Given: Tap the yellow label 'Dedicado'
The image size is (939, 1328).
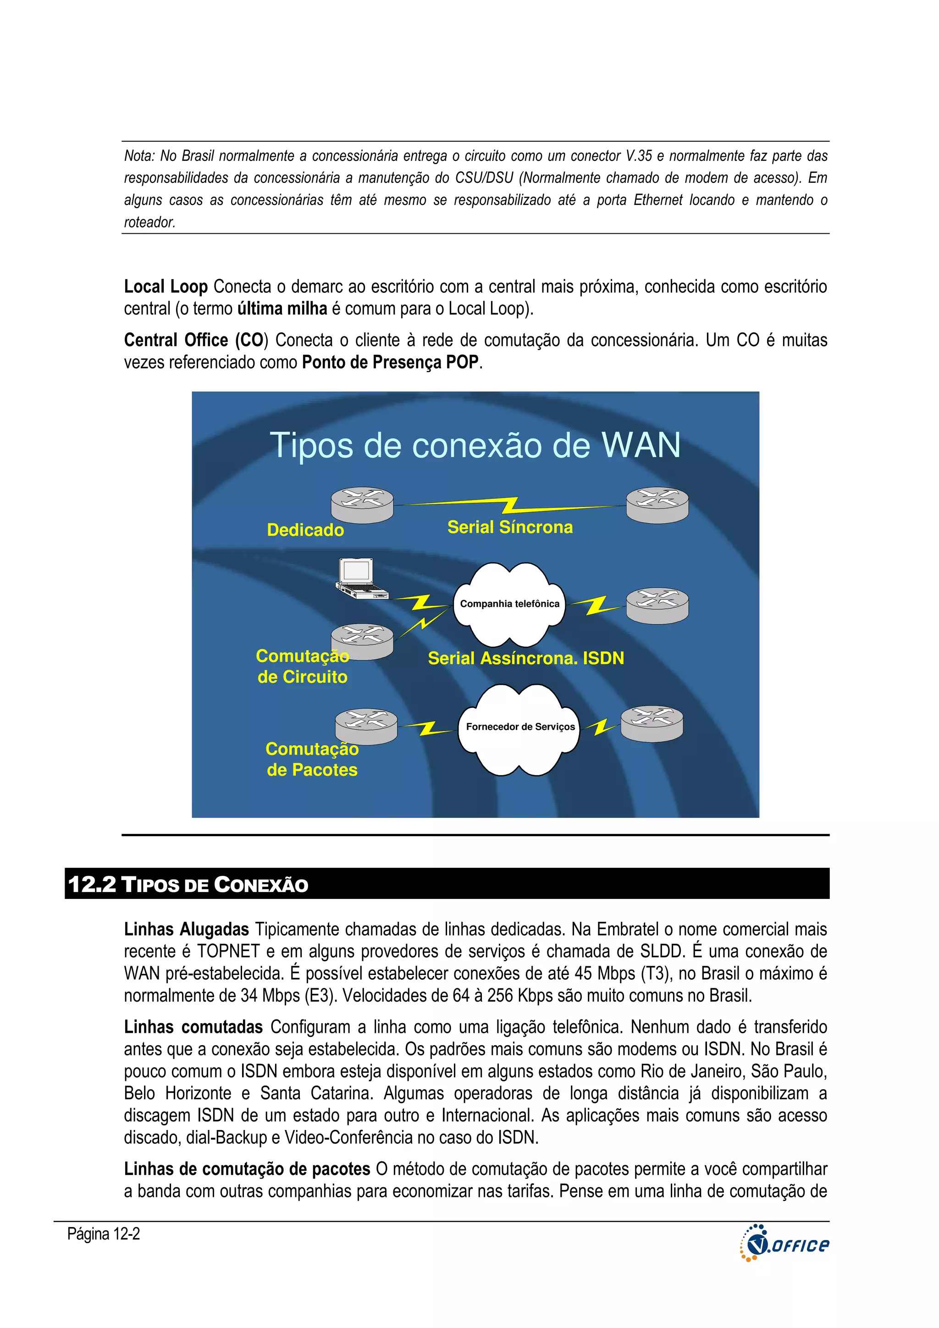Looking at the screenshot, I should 305,530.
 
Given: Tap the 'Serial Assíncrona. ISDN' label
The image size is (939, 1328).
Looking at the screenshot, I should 525,658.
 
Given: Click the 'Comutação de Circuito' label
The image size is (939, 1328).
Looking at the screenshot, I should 302,667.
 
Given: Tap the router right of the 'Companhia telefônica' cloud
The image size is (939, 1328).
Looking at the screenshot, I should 657,606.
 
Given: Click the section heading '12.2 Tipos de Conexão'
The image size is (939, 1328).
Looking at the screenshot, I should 188,884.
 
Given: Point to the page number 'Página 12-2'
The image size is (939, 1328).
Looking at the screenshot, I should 104,1234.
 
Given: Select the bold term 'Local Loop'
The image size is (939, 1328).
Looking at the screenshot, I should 166,287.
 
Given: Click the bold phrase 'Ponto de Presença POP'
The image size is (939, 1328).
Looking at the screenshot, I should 391,362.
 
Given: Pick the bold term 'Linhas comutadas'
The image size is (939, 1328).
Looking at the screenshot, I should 193,1027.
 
